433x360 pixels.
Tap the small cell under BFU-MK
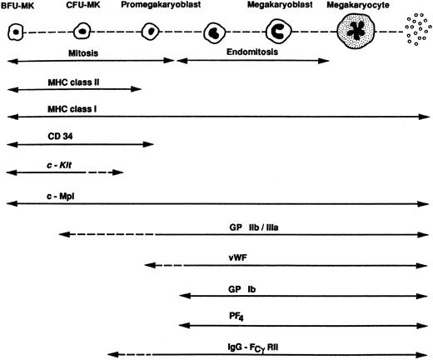pos(15,32)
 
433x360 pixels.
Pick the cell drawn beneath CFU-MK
pos(82,32)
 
